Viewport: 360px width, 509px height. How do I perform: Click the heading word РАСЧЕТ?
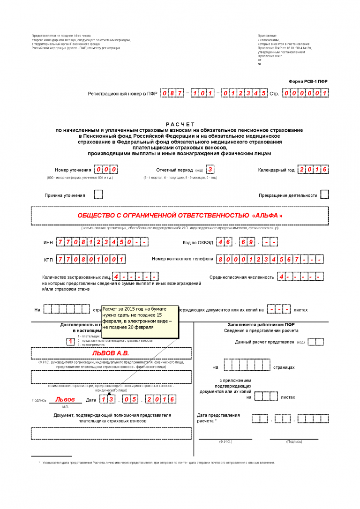coord(180,124)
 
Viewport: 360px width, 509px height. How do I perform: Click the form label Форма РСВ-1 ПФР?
coord(308,82)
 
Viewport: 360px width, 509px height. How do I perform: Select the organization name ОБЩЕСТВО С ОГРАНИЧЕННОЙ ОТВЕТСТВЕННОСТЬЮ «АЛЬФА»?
coord(180,216)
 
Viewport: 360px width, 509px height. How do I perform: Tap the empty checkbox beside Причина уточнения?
coord(98,195)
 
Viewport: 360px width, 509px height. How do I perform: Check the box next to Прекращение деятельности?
coord(324,195)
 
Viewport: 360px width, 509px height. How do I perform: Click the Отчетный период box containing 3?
coord(211,169)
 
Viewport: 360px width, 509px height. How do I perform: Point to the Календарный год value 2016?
coord(312,169)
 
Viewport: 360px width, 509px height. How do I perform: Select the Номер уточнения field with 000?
coord(106,169)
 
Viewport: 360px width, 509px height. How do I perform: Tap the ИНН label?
coord(48,242)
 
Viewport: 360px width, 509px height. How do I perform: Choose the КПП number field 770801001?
coord(91,259)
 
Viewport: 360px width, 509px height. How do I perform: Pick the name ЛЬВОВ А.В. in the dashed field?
coord(111,353)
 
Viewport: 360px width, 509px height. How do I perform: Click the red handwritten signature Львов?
coord(65,400)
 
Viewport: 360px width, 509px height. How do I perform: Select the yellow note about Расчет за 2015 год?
coord(140,321)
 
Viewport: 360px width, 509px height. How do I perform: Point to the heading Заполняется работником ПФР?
coord(261,324)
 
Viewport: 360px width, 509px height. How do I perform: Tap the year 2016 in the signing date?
coord(161,399)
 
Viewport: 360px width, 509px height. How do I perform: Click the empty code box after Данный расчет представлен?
coord(316,342)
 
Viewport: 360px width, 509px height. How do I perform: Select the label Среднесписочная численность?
coord(241,277)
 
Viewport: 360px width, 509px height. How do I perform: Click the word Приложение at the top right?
coord(267,36)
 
